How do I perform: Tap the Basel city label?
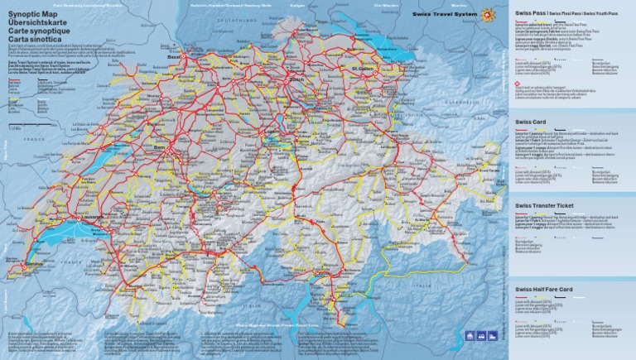click(174, 57)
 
